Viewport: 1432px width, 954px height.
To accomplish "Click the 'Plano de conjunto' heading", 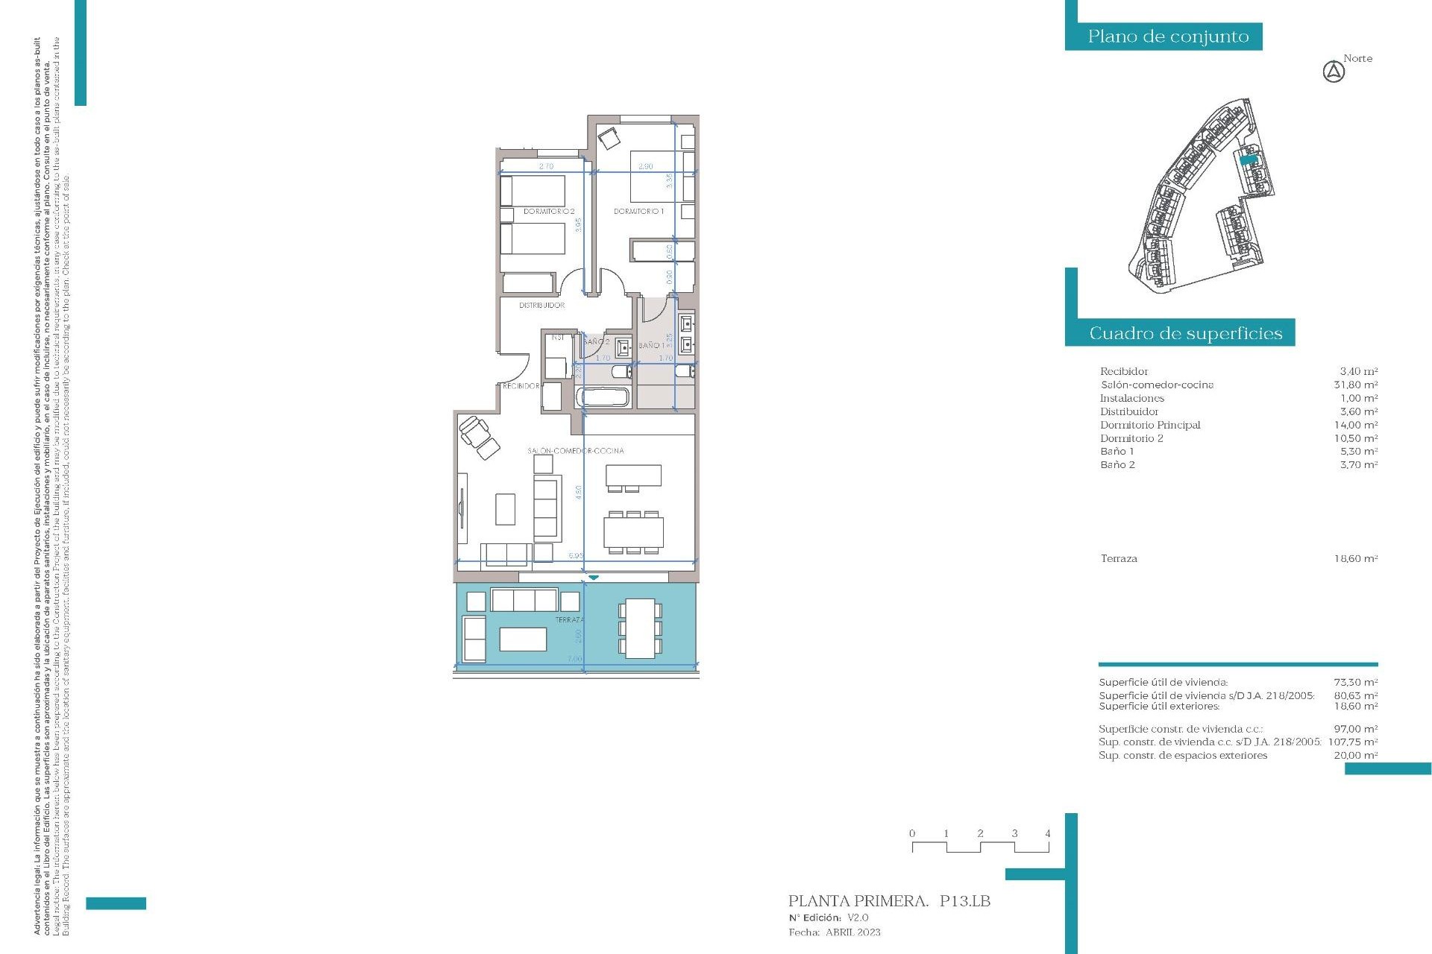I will (1168, 37).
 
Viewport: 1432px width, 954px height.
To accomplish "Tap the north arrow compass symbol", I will (1334, 72).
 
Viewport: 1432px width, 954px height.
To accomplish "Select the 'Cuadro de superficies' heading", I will (1185, 333).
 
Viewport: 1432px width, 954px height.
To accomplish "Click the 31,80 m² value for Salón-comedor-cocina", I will (1355, 385).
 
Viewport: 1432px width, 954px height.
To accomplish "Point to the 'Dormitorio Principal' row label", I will (1150, 425).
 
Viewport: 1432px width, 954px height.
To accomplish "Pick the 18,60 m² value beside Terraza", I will (1355, 558).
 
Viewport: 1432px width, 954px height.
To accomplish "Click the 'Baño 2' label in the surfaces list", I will (1117, 464).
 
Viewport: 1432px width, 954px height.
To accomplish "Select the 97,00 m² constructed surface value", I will (1355, 729).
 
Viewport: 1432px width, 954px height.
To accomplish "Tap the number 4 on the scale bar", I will (1048, 833).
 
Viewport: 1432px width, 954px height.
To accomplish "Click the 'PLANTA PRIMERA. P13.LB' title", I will (889, 901).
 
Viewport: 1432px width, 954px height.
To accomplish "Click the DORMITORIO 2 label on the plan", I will (548, 212).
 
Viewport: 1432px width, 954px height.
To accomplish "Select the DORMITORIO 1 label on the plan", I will (638, 212).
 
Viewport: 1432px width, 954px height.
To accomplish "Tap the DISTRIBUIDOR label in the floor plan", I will (541, 306).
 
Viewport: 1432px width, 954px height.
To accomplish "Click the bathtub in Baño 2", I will (604, 396).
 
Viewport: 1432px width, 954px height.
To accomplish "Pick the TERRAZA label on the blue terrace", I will (569, 620).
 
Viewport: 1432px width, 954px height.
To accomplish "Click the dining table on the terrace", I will (640, 628).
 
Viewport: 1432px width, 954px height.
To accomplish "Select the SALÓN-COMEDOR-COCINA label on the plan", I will (575, 451).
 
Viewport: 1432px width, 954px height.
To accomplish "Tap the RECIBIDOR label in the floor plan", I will (521, 386).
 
